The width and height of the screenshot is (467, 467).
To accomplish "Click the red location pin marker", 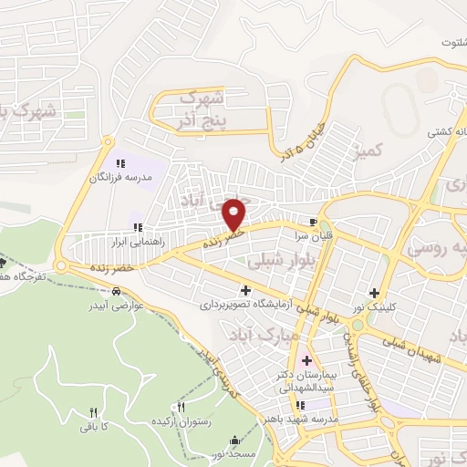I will [x=235, y=214].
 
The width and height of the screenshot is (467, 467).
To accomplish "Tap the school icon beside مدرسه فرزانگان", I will [x=118, y=163].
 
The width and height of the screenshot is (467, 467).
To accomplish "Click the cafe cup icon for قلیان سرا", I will [x=313, y=222].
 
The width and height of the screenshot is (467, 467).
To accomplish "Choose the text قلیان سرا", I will [x=313, y=234].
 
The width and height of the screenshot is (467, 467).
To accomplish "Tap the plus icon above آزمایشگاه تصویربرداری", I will [x=244, y=290].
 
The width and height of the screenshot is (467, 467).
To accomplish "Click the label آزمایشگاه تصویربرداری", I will [x=244, y=303].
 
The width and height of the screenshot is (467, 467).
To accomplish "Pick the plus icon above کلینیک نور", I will [x=374, y=293].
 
